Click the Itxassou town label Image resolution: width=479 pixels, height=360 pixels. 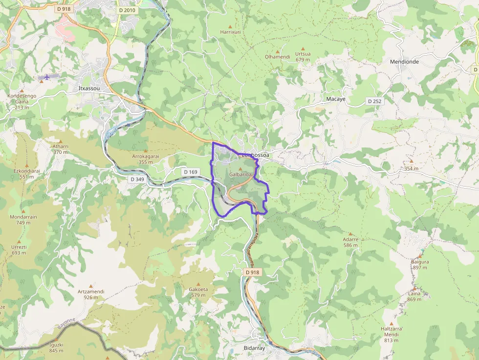[x=88, y=88]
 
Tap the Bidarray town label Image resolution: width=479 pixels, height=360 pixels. [x=254, y=347]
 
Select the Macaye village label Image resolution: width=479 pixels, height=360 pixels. [x=336, y=99]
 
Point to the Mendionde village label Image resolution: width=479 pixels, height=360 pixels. [x=404, y=62]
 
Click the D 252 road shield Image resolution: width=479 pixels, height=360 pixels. [x=375, y=101]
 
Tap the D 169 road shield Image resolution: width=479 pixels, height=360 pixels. [x=191, y=172]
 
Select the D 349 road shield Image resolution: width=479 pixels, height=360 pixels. [x=138, y=179]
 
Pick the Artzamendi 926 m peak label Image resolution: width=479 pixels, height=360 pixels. [x=91, y=294]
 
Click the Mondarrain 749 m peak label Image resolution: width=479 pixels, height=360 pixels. [x=20, y=220]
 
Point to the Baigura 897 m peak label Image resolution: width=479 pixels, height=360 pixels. [x=420, y=264]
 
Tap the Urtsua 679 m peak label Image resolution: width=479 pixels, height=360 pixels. [x=303, y=57]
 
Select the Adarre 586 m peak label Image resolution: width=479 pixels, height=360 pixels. [x=350, y=242]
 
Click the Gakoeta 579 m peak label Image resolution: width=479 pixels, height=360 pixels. [x=198, y=292]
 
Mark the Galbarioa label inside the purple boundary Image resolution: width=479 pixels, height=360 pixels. [x=240, y=174]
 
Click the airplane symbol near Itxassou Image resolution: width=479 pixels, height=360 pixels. [x=47, y=77]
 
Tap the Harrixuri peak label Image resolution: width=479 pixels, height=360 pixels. [x=231, y=32]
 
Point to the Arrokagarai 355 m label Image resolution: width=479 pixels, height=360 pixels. [x=146, y=159]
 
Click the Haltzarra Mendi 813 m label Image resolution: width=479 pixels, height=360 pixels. [x=391, y=335]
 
